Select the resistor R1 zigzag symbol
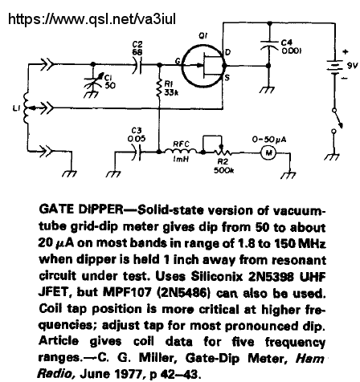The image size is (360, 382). coord(159,87)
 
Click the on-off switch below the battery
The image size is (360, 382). coord(337,120)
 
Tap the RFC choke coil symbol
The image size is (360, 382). coord(182,151)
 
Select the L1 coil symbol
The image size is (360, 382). coord(26,108)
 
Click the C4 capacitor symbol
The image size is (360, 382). coord(269,45)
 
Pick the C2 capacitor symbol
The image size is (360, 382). coord(137,65)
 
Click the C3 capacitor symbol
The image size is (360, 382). coord(137,152)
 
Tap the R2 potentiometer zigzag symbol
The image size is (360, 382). coord(222,152)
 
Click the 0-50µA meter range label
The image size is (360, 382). coord(269,140)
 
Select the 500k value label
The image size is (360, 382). coord(223,170)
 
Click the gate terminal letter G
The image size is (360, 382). coord(178,62)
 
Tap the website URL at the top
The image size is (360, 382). coord(92,19)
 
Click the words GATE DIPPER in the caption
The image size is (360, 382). coord(81,209)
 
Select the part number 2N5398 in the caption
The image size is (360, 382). coord(272,277)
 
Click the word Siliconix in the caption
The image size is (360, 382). coord(217,277)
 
